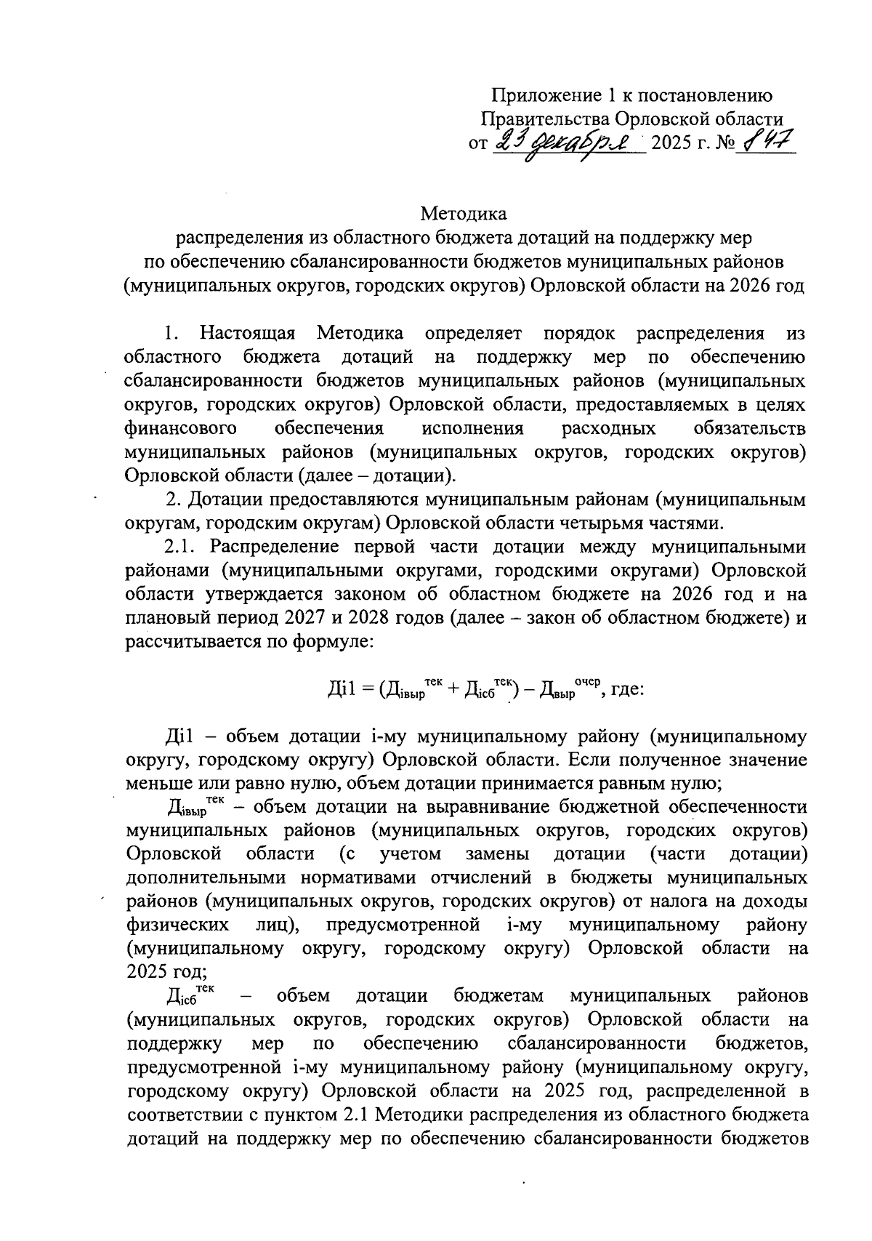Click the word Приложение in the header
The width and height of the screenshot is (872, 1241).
[x=537, y=95]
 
